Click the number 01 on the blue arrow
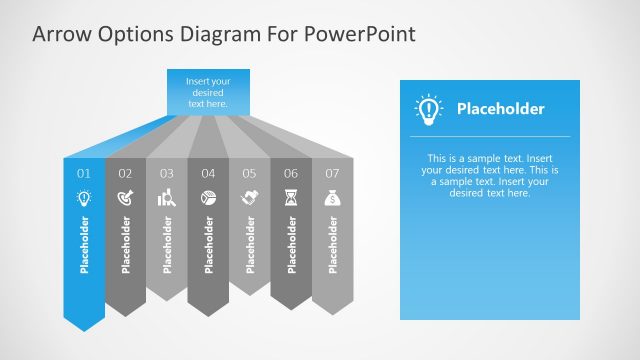click(84, 173)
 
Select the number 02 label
click(125, 173)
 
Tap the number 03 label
click(167, 173)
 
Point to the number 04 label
click(208, 173)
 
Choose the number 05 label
click(249, 173)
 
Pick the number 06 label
click(291, 173)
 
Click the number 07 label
click(332, 173)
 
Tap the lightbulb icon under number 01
click(84, 198)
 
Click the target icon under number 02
click(125, 198)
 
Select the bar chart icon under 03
click(167, 198)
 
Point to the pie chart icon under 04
click(208, 198)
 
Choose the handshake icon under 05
click(249, 198)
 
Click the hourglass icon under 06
click(291, 198)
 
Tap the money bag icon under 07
click(332, 198)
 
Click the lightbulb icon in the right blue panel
click(429, 109)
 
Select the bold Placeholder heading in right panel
click(500, 109)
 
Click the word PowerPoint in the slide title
click(357, 34)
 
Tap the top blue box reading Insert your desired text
click(208, 91)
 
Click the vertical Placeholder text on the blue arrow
click(84, 244)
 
